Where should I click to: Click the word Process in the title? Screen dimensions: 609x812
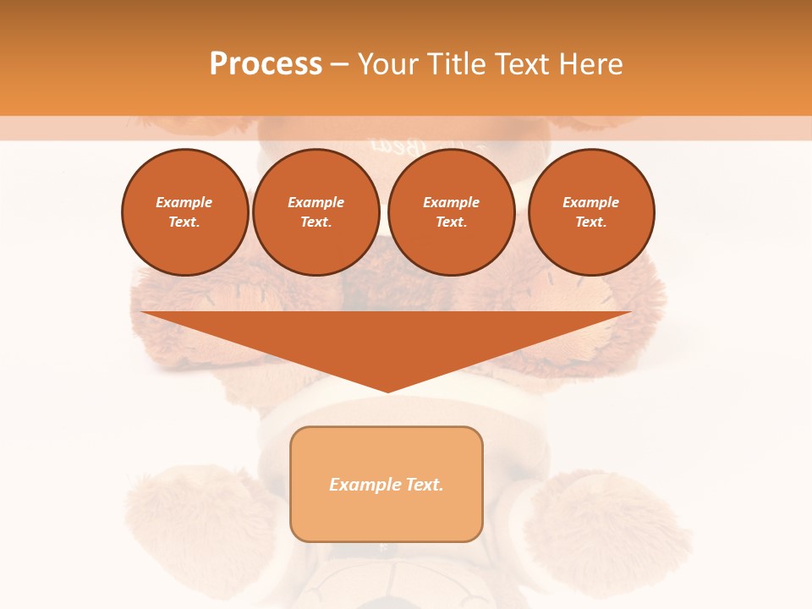point(266,64)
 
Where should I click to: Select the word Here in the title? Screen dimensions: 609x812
point(588,64)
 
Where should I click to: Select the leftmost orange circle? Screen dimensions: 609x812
point(185,211)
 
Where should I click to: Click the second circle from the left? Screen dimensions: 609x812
point(316,211)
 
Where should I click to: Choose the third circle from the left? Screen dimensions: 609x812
point(452,211)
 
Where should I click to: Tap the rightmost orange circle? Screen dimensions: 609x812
point(591,211)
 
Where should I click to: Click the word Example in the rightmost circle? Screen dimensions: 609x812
point(590,202)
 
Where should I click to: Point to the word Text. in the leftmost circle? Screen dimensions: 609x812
point(184,222)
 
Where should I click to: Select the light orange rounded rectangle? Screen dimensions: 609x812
point(387,484)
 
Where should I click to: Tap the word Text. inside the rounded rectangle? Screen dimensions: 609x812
point(423,485)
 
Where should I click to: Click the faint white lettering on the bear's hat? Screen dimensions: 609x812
point(381,145)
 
